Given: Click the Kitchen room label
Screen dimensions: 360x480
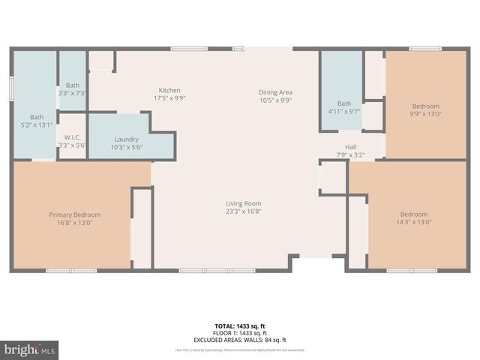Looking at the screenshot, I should point(169,90).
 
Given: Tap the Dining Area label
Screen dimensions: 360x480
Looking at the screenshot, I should point(275,91).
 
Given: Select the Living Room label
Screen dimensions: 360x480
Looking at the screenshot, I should point(244,203).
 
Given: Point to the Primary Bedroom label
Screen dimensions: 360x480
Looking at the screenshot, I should point(75,214).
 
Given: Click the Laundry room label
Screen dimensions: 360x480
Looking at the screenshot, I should point(127,139).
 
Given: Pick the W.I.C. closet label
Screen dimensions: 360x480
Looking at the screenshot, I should point(73,136).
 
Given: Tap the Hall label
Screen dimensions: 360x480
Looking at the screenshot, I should point(350,147).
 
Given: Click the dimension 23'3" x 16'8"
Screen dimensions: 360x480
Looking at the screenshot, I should point(244,211).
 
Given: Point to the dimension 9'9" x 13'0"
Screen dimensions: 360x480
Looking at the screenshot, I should point(425,115).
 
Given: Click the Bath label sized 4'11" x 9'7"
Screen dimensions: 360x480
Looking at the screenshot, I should point(343,103).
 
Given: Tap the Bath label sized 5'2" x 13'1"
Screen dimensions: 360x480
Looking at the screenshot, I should point(37,117).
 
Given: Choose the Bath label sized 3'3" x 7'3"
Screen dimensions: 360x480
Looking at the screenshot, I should point(73,85).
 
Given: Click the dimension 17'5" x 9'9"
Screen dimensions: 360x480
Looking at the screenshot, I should point(169,98).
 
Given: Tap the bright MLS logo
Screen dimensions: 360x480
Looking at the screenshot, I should point(30,349).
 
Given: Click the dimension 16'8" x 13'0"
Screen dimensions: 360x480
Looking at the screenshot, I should point(75,223).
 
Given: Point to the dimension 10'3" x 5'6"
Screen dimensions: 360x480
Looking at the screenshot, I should point(127,148).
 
